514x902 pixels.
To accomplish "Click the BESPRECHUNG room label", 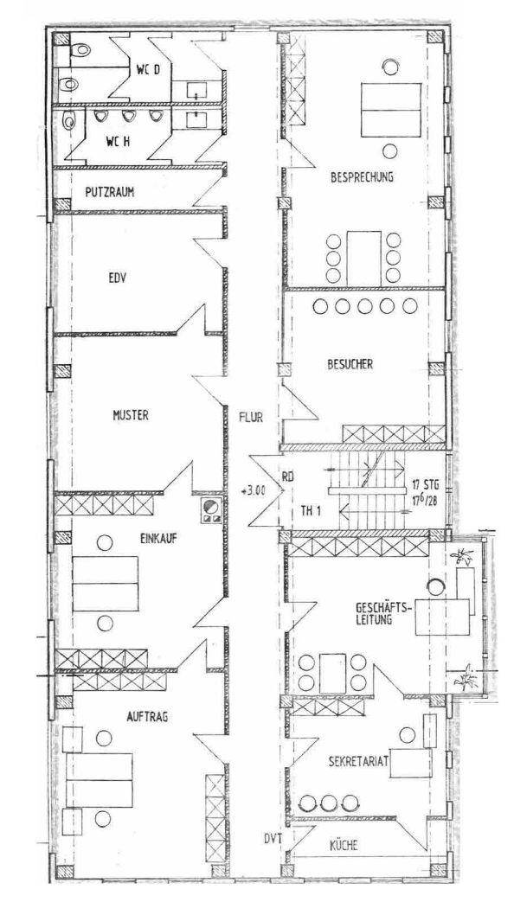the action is click(x=362, y=177).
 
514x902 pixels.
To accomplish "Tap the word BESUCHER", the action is click(x=350, y=364).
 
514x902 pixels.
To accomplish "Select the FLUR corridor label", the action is click(x=251, y=417).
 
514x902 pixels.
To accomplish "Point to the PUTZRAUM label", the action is click(x=109, y=192).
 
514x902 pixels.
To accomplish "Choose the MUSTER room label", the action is click(x=131, y=415).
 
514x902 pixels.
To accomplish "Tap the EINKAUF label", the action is click(x=158, y=539).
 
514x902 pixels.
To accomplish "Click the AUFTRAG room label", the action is click(x=147, y=716).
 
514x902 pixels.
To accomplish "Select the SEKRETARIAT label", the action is click(x=358, y=762).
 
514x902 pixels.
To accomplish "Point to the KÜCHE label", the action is click(x=344, y=845).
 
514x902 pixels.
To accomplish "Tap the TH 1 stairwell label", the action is click(x=311, y=509).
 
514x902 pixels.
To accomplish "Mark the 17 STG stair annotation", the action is click(x=425, y=483).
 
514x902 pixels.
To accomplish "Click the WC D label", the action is click(x=149, y=71).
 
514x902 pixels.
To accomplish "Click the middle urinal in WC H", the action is click(x=128, y=116).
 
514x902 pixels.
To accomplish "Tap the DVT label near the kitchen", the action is click(x=273, y=839).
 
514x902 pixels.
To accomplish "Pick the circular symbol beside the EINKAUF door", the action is click(x=209, y=506).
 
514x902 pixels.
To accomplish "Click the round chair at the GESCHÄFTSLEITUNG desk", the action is click(x=436, y=586).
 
